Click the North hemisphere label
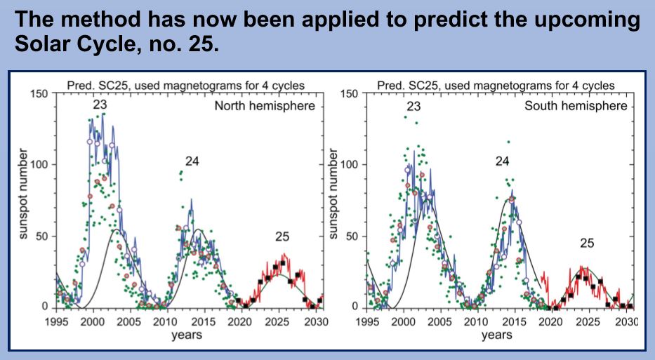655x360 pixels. (265, 107)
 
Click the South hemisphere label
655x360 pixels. (576, 107)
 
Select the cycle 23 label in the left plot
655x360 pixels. (99, 106)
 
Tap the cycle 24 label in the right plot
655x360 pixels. (501, 162)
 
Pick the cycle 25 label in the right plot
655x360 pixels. (588, 243)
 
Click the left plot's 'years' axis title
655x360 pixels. (187, 335)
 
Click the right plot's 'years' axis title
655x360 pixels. (497, 335)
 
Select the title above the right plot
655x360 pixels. (496, 86)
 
